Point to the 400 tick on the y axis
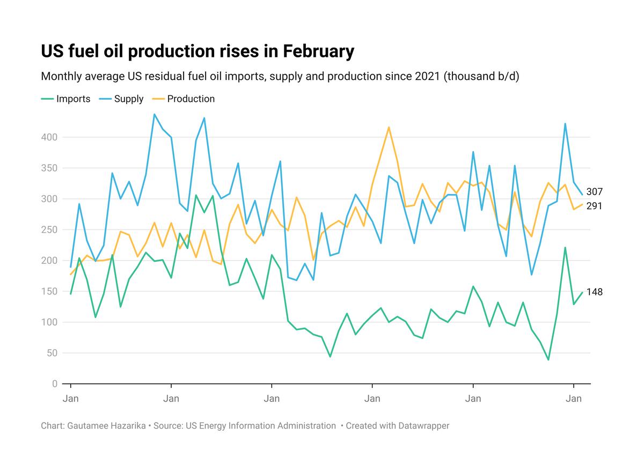[50, 137]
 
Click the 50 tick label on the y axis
[52, 353]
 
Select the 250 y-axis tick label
[50, 230]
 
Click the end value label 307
[595, 192]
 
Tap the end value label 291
[595, 206]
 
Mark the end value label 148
[595, 292]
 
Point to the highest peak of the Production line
[389, 127]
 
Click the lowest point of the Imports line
[548, 359]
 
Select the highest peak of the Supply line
[155, 114]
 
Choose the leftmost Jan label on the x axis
[71, 399]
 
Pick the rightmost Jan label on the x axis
[574, 399]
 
